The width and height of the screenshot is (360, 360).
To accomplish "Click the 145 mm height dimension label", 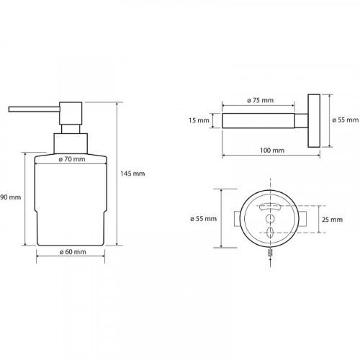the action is coord(132,174).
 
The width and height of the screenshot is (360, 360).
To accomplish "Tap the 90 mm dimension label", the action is coord(11,197).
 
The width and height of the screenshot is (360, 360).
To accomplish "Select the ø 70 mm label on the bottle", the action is coord(72,159).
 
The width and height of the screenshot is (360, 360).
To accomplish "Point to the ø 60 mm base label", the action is coord(73,252).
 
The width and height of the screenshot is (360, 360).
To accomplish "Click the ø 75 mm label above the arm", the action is coord(260,100).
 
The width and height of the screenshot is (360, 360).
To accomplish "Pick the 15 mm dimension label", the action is coord(199,120).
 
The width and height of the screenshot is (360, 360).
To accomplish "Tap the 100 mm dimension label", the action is coord(272,150).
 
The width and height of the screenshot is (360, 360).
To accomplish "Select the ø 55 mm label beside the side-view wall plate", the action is coord(346,120).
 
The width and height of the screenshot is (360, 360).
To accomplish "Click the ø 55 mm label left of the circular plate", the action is coord(204,219).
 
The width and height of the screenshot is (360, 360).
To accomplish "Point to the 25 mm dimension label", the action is coord(332,220).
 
